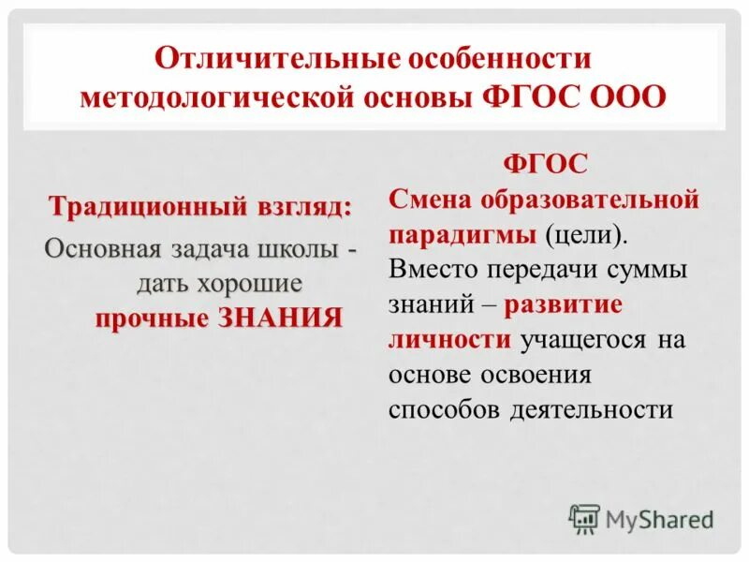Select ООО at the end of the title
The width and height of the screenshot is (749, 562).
629,96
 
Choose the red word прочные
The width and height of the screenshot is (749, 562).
152,318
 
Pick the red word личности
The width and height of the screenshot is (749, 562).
448,339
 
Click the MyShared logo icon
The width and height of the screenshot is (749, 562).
584,517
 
